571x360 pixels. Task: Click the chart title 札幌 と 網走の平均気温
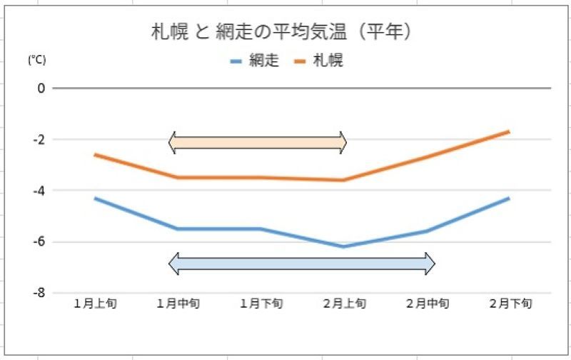[284, 32]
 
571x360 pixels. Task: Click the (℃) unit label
[36, 61]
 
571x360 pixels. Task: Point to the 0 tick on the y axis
[41, 89]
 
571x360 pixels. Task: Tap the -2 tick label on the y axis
[39, 139]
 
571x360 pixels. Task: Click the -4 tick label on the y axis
[39, 191]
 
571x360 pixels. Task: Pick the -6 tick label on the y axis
[39, 241]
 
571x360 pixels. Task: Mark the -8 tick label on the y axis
[39, 293]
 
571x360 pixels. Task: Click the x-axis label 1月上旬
[95, 304]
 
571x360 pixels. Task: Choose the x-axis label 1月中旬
[178, 304]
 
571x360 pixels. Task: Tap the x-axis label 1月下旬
[261, 304]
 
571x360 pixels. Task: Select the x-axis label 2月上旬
[344, 304]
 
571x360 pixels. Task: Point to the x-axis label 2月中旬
[428, 304]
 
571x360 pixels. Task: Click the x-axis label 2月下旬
[510, 304]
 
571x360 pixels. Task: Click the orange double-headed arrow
[258, 142]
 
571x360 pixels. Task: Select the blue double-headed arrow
[302, 264]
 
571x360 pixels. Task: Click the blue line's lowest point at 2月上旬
[343, 246]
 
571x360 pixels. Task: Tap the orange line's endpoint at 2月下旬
[509, 131]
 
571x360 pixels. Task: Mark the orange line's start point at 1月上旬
[95, 154]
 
